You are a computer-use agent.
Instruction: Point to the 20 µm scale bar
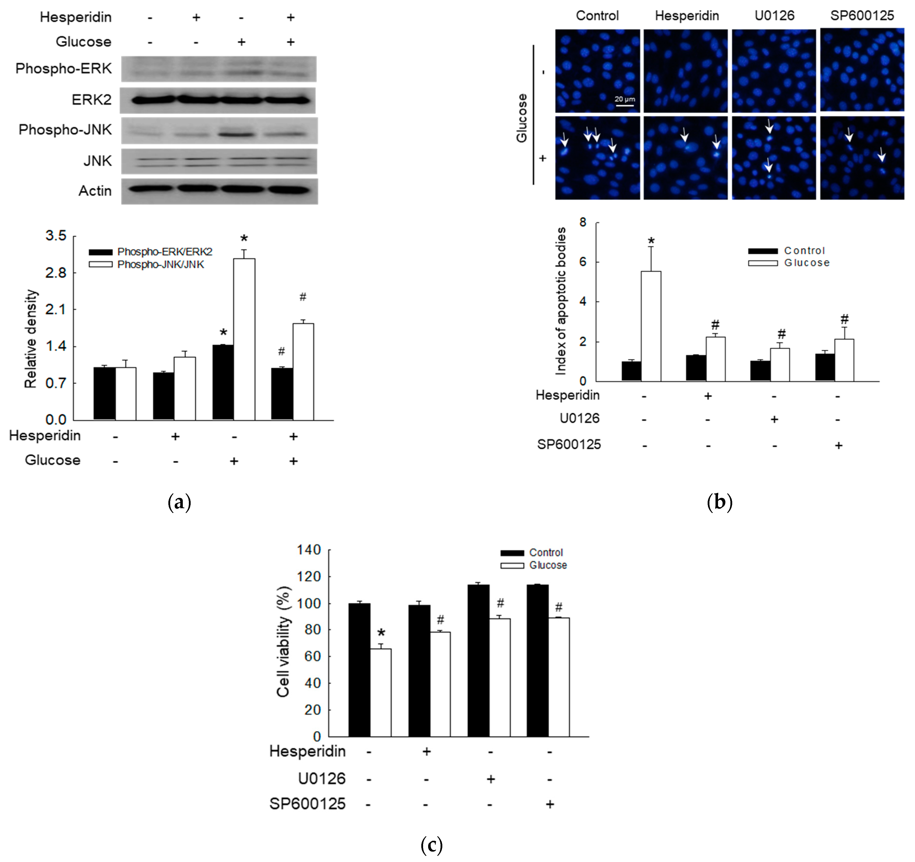point(625,105)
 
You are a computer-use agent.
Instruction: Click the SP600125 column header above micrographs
point(862,16)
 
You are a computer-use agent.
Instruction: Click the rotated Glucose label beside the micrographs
point(522,118)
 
